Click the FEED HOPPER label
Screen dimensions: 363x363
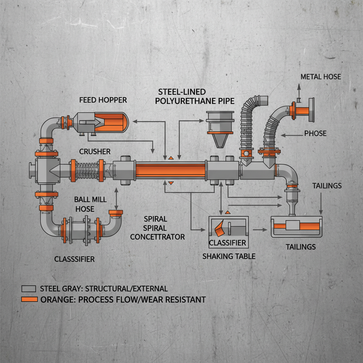pyautogui.click(x=103, y=100)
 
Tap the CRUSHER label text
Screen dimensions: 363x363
pyautogui.click(x=95, y=152)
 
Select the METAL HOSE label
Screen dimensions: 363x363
pyautogui.click(x=320, y=77)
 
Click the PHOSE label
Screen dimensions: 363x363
pyautogui.click(x=315, y=134)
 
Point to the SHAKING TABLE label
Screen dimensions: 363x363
pyautogui.click(x=229, y=256)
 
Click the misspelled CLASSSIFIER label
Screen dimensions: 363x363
pyautogui.click(x=74, y=259)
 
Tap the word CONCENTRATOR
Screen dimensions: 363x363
pyautogui.click(x=157, y=236)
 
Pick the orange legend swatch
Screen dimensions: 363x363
pyautogui.click(x=29, y=299)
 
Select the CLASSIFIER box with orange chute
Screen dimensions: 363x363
pyautogui.click(x=229, y=232)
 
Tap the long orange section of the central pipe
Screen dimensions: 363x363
pyautogui.click(x=171, y=169)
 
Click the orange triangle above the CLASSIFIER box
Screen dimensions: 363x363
pyautogui.click(x=228, y=212)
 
